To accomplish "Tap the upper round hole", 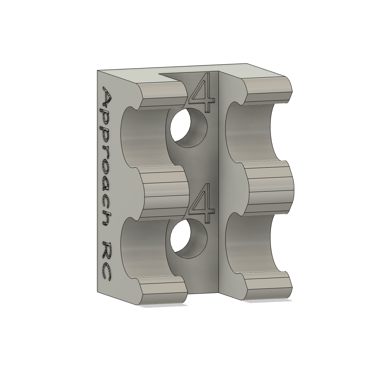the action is (x=189, y=128).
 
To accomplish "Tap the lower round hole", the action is (x=189, y=239).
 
